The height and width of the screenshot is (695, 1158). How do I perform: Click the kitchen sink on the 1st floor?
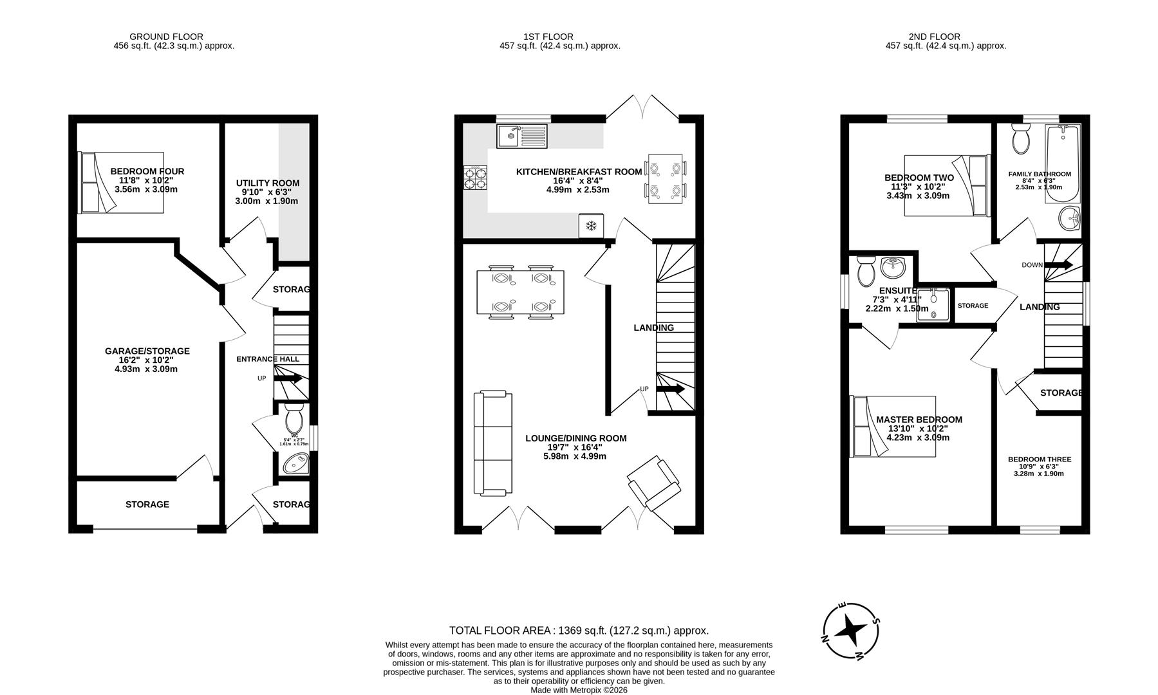[x=521, y=136]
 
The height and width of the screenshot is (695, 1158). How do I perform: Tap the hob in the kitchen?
[x=475, y=178]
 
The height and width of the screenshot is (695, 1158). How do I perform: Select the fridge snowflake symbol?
[x=591, y=226]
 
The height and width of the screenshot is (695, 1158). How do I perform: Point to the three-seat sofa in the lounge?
[x=493, y=444]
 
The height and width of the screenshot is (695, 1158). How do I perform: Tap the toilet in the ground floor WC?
[x=295, y=421]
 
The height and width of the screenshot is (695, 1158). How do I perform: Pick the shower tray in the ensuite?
[x=933, y=304]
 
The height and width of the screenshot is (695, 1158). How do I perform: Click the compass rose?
[x=851, y=631]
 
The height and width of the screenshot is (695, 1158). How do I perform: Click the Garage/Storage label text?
[x=147, y=351]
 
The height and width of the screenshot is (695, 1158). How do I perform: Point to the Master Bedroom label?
[x=919, y=420]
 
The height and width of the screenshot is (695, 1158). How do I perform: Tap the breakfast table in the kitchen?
[x=666, y=179]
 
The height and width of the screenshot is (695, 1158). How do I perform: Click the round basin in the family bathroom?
[x=1070, y=219]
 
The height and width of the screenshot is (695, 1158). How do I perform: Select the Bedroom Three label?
[x=1040, y=459]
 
